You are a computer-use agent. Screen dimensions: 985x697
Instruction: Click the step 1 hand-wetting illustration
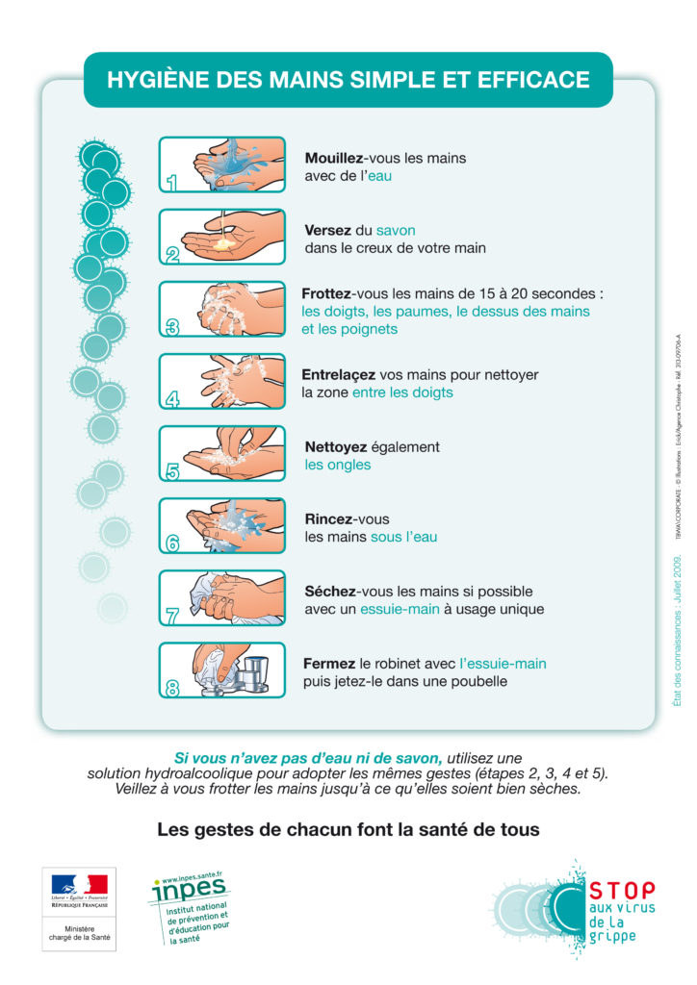click(222, 165)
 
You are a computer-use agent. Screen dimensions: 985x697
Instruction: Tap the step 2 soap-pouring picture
click(222, 238)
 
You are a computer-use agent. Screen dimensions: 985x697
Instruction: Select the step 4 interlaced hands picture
click(222, 382)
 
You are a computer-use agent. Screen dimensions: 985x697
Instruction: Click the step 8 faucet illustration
click(222, 670)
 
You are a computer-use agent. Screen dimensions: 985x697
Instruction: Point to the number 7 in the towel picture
click(172, 616)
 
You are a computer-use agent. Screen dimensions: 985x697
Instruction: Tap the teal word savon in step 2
click(396, 231)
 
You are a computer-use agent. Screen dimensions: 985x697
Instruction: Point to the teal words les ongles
click(338, 466)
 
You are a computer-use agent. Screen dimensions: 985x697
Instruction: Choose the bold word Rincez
click(328, 519)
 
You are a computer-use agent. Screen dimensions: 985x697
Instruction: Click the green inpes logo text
click(188, 891)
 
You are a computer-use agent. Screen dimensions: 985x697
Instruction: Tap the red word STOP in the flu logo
click(621, 892)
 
